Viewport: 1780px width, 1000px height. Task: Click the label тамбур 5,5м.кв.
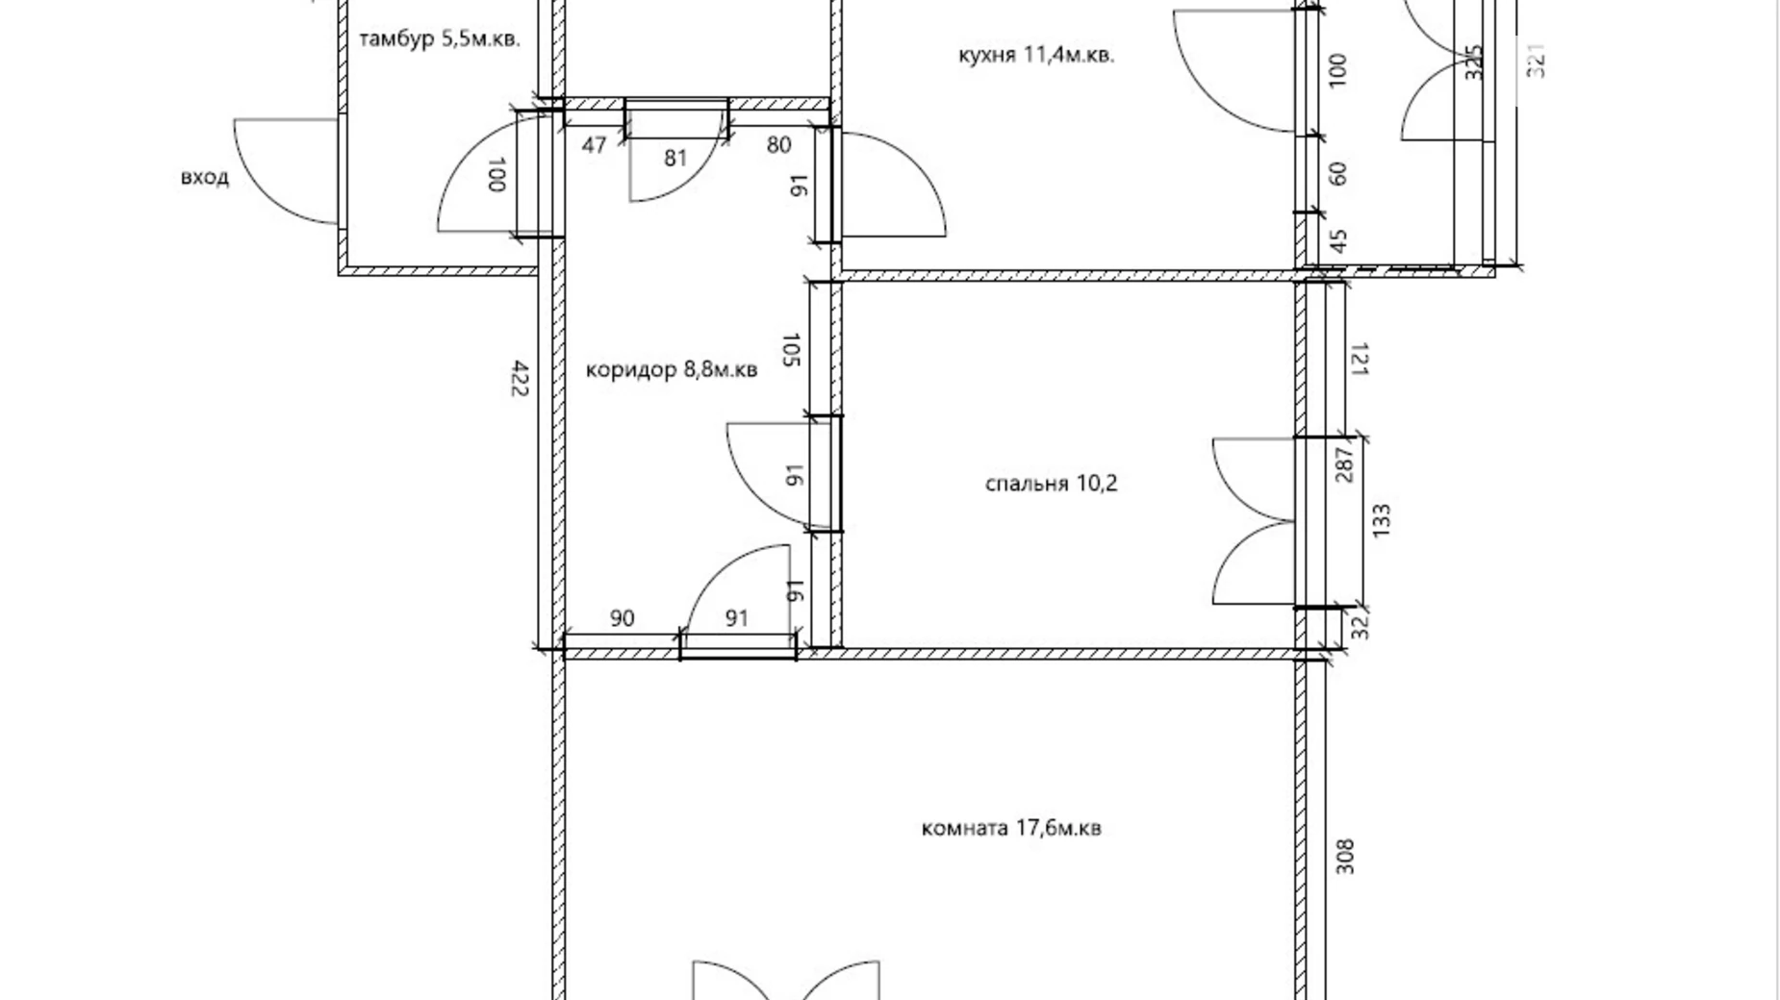tap(440, 39)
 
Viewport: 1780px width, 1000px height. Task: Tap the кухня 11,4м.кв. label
tap(1037, 55)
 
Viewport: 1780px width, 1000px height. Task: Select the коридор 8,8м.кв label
tap(672, 369)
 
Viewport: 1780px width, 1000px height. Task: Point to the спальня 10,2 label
tap(1052, 483)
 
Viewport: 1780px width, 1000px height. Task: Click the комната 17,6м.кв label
tap(1011, 828)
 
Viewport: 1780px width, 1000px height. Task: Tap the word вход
tap(205, 178)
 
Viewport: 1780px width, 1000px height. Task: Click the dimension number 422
tap(521, 378)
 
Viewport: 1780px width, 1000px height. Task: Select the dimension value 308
tap(1345, 857)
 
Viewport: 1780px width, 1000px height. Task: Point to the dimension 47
tap(595, 145)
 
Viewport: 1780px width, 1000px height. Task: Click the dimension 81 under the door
tap(675, 157)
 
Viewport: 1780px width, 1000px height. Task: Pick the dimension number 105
tap(792, 350)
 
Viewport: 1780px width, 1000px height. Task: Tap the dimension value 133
tap(1382, 521)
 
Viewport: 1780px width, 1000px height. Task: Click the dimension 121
tap(1359, 358)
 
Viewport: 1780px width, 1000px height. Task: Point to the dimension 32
tap(1359, 627)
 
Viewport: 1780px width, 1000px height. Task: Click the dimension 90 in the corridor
tap(623, 618)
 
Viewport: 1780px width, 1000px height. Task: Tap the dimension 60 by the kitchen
tap(1337, 173)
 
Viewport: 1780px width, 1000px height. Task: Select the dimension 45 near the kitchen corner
tap(1337, 238)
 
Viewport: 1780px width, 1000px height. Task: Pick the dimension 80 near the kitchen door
tap(778, 145)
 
